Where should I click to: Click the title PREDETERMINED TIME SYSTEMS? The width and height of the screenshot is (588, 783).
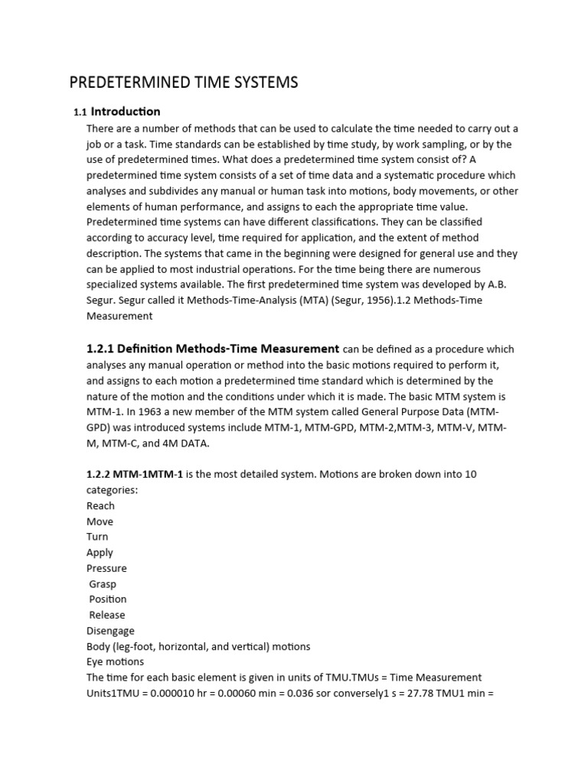(x=184, y=83)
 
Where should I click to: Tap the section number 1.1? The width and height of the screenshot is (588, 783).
(x=80, y=112)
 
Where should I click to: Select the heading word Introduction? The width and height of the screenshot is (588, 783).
(x=126, y=112)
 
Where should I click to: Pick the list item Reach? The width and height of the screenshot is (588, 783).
(x=100, y=505)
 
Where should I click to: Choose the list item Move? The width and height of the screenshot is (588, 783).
(x=100, y=521)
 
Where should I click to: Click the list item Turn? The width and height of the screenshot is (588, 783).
(x=97, y=537)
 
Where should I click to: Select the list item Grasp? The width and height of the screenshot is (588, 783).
(x=103, y=584)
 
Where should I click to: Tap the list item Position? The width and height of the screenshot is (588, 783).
(x=107, y=599)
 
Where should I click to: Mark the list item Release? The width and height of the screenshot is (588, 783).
(x=106, y=615)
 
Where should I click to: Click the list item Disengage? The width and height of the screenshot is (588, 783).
(x=110, y=631)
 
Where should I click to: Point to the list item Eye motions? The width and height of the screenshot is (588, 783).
(x=115, y=662)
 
